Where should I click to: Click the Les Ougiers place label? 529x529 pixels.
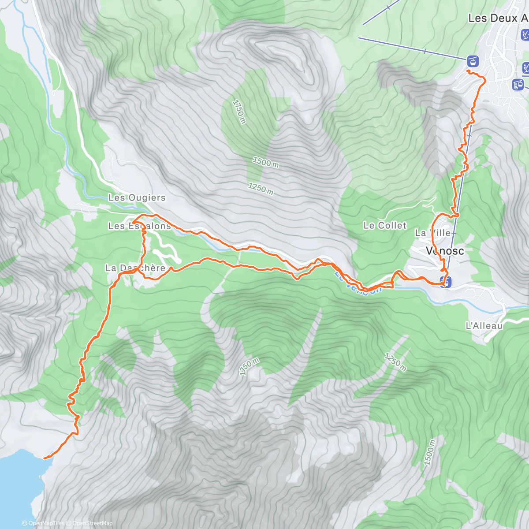click(137, 198)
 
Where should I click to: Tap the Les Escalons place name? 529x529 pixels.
click(139, 226)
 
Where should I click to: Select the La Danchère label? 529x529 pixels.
click(135, 268)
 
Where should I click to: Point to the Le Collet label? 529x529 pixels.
click(385, 225)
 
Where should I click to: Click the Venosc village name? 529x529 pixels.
click(445, 251)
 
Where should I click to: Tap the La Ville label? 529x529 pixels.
click(432, 233)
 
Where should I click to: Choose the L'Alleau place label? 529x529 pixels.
click(484, 326)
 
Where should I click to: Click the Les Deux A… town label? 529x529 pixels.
click(498, 18)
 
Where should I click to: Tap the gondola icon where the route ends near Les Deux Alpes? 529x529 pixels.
click(473, 61)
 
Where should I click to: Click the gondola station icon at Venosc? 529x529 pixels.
click(446, 281)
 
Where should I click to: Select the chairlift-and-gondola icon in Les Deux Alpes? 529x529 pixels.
click(518, 84)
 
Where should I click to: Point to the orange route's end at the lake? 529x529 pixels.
click(45, 458)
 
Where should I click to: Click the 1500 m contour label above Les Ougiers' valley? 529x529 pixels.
click(265, 162)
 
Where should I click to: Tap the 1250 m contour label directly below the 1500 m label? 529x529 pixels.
click(260, 189)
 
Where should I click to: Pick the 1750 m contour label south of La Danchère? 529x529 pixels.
click(249, 366)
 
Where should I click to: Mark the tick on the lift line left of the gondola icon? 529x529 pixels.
click(425, 52)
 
